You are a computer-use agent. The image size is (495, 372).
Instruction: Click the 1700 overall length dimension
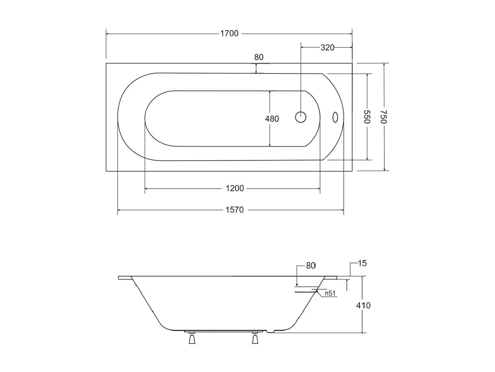click(x=229, y=34)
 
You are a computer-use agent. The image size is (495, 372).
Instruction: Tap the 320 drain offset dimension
click(x=328, y=48)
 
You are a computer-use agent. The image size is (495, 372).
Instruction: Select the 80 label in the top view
click(x=258, y=57)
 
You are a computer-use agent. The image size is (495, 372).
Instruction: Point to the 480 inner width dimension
click(x=272, y=119)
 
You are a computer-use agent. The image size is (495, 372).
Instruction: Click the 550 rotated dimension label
click(x=367, y=117)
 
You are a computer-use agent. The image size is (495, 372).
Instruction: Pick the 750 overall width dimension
click(x=384, y=117)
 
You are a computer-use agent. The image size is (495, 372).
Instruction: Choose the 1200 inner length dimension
click(x=235, y=188)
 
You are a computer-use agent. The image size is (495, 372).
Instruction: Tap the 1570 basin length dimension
click(x=235, y=210)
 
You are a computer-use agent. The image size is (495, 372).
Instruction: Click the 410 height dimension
click(x=363, y=306)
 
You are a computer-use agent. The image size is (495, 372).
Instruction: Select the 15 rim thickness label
click(x=362, y=263)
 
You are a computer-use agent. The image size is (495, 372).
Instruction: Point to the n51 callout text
click(x=330, y=293)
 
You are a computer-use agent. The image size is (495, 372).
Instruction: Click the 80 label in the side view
click(x=310, y=266)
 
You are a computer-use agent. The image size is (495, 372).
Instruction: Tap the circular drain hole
click(x=301, y=117)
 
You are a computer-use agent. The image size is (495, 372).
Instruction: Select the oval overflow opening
click(x=335, y=117)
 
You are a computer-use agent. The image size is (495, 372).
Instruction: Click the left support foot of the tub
click(x=192, y=338)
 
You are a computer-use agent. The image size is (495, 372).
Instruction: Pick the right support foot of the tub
click(x=255, y=338)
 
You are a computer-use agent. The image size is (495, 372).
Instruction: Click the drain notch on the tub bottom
click(x=270, y=331)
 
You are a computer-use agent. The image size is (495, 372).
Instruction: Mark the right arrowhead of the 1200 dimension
click(x=319, y=188)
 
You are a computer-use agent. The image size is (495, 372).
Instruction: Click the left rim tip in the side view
click(x=119, y=278)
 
